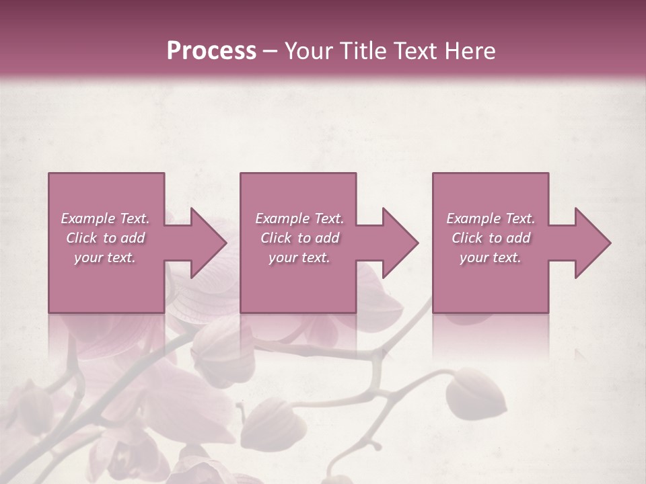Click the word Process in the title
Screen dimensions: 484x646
coord(211,51)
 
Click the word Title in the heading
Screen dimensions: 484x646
coord(362,51)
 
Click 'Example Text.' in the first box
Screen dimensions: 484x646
coord(105,218)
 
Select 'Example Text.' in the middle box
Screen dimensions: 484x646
coord(299,218)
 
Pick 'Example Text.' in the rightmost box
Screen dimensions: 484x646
coord(491,218)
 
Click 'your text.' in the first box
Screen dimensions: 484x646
coord(105,257)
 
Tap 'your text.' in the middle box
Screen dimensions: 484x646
coord(299,257)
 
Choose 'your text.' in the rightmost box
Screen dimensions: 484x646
coord(491,257)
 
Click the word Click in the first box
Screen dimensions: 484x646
coord(82,238)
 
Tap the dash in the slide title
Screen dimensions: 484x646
coord(271,51)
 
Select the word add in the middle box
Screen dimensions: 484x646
coord(327,238)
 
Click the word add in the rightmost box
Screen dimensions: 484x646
coord(518,238)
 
